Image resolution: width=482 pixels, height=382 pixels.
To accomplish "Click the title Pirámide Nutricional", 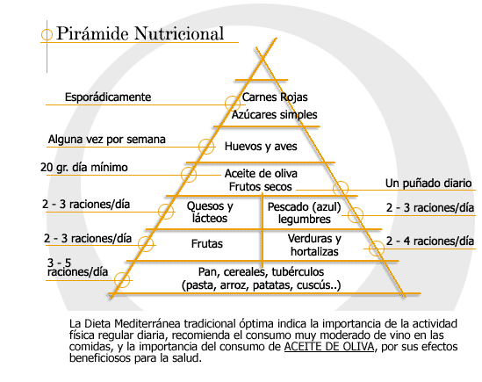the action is [x=140, y=33].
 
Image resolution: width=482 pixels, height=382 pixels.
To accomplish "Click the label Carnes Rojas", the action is [x=275, y=97].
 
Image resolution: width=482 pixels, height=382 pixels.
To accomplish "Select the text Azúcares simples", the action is [x=274, y=115].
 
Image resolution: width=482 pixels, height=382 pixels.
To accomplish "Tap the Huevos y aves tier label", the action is [x=261, y=147].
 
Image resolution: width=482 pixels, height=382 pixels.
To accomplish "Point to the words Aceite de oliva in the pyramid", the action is [x=261, y=174].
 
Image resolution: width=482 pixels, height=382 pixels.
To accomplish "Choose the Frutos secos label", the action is [x=261, y=187].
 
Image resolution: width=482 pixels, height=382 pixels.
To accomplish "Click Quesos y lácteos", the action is [x=210, y=213].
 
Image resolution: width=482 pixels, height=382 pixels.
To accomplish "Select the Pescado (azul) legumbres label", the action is [x=305, y=213].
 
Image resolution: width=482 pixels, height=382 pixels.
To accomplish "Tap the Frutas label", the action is [x=207, y=244].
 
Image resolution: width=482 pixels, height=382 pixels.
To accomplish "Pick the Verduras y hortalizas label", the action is [x=314, y=245].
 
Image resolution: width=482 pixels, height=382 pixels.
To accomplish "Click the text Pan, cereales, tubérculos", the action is [x=261, y=272].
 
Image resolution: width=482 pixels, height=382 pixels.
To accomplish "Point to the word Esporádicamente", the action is [x=108, y=97].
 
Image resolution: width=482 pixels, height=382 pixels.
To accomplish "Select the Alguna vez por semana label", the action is [x=106, y=140].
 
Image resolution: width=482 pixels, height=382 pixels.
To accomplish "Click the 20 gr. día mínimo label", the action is [x=84, y=168].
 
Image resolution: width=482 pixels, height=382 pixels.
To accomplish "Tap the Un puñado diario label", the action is [x=428, y=184].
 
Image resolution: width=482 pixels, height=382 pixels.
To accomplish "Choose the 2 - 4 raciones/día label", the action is [x=430, y=241].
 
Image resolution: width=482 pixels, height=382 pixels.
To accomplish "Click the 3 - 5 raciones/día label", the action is [x=77, y=267].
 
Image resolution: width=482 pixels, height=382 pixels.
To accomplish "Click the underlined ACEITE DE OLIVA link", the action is [x=329, y=347].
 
